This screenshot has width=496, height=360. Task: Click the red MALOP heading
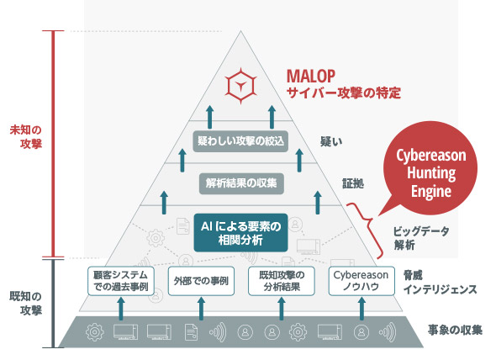311,76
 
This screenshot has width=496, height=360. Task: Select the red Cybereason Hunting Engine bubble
430,169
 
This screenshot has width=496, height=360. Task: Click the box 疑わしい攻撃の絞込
240,141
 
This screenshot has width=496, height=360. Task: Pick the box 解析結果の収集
241,183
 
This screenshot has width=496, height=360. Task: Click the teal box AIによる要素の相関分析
240,233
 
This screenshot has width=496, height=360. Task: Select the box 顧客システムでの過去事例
121,281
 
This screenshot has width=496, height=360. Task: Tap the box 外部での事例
201,281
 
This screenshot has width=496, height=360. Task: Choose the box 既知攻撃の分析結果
282,281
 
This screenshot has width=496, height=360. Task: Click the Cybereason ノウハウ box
361,281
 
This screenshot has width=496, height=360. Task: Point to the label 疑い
331,141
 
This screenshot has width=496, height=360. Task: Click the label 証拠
353,183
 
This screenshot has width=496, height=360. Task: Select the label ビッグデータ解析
421,238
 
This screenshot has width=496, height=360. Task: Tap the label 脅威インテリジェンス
440,283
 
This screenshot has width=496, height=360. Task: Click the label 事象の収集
455,331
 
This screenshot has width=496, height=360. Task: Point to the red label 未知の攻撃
26,137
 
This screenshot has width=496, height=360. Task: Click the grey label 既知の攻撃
26,304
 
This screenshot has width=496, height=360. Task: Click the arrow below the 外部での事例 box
201,308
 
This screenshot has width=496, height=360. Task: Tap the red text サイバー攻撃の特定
344,93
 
